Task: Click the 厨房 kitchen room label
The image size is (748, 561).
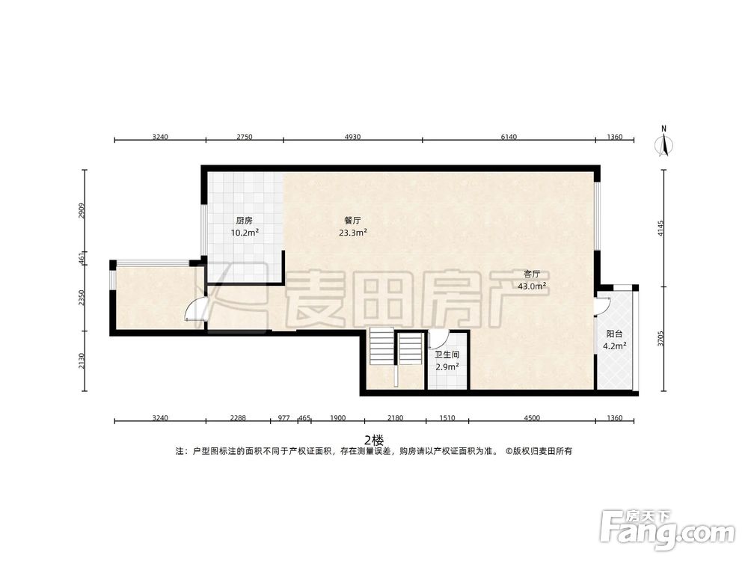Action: [x=244, y=221]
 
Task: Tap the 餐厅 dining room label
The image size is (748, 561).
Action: [x=352, y=221]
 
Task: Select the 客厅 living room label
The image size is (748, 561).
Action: [x=532, y=274]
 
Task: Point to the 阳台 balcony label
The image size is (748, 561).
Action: [x=614, y=334]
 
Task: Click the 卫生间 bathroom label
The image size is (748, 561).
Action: [x=447, y=355]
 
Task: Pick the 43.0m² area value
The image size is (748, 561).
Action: [x=532, y=286]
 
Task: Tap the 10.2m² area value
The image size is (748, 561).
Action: [x=244, y=233]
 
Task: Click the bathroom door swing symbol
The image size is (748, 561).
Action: [x=438, y=338]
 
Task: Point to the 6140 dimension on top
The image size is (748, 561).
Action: [x=509, y=137]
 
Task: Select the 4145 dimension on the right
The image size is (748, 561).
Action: [x=660, y=227]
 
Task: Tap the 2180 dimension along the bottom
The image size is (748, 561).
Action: [x=395, y=419]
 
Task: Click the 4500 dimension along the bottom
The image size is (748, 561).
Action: [x=531, y=419]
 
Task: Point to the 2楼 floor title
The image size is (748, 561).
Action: [x=373, y=439]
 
